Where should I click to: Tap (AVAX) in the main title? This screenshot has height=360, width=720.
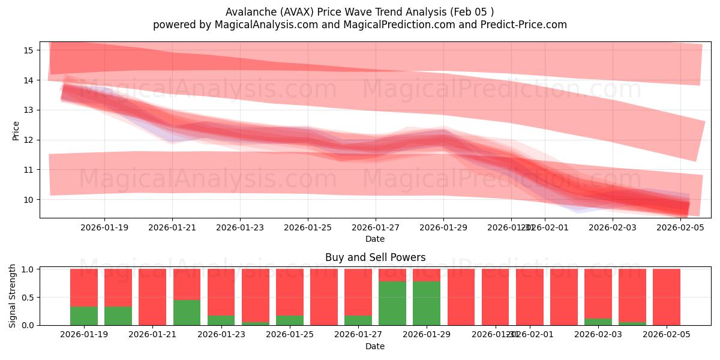click(x=293, y=12)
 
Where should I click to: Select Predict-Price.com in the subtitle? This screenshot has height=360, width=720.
click(x=526, y=25)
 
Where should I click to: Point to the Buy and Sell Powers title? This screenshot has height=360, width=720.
click(x=375, y=257)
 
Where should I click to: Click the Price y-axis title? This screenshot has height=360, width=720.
click(x=16, y=130)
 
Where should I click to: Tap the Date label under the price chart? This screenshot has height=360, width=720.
click(x=375, y=239)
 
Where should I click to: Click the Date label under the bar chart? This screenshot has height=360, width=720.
click(x=375, y=346)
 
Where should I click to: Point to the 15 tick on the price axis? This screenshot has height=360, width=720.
click(x=28, y=50)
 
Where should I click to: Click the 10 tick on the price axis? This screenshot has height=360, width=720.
click(x=28, y=200)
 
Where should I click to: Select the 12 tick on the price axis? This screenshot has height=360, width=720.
click(x=28, y=140)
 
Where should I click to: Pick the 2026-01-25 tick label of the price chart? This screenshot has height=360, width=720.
click(x=308, y=227)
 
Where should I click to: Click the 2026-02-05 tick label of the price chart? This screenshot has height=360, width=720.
click(x=680, y=227)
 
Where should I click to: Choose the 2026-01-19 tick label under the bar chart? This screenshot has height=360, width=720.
click(x=84, y=335)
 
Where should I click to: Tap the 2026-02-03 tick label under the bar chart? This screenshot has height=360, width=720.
click(x=598, y=335)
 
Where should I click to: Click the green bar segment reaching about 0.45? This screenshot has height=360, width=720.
click(x=187, y=313)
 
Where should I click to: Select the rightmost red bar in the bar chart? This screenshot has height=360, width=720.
click(x=667, y=297)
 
